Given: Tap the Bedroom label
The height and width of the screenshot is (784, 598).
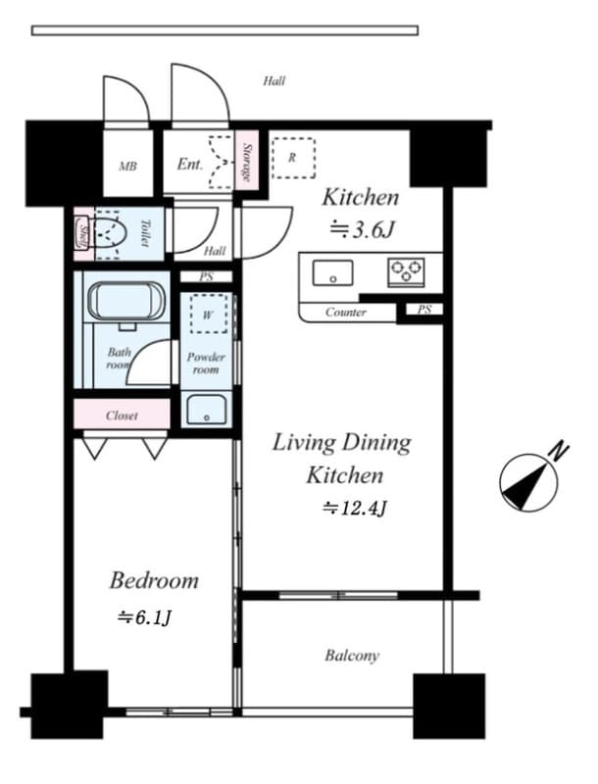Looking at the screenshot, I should coord(153,580).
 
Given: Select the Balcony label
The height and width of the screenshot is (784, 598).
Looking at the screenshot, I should coord(352,656).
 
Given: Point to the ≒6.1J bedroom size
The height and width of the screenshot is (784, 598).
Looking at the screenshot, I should coord(146,617).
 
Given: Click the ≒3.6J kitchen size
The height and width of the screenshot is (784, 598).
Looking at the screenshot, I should coord(362,230).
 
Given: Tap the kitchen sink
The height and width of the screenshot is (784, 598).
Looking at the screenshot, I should coord(332,272).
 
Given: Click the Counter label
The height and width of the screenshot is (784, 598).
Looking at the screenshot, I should coord(346,313).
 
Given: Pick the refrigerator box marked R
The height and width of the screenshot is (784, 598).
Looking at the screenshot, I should coord(293,157).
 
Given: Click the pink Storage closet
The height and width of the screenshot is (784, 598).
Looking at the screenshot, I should coord(246,162).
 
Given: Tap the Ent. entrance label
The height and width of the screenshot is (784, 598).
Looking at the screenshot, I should coord(190,164).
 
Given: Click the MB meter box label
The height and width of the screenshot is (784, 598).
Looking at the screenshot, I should coord(127,166).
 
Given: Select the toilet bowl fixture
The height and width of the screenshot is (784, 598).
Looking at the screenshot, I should coord(111,234).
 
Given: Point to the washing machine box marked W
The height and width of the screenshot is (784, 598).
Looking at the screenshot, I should coord(208,316).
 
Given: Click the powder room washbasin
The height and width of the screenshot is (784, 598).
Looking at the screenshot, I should coord(207,409).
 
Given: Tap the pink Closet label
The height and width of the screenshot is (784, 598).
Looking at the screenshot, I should coord(122,416).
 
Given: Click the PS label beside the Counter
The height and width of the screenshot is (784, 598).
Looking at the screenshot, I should coord(424,311).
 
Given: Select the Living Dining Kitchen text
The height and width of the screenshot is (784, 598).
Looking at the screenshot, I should coord(341,459).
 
